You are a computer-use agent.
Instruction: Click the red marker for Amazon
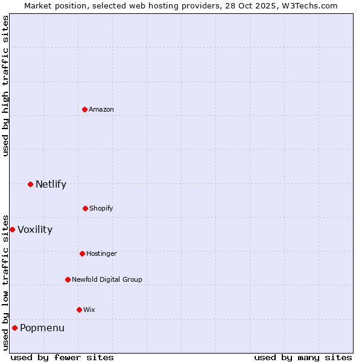[x=84, y=109]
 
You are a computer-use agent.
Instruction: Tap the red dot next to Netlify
[x=30, y=184]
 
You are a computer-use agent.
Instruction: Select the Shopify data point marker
[x=85, y=208]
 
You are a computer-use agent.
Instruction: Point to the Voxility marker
[x=12, y=229]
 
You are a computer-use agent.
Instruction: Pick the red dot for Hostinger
[x=82, y=253]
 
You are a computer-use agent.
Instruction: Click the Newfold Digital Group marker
[x=68, y=279]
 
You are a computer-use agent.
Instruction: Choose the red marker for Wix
[x=79, y=310]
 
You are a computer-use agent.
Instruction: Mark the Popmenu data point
[x=14, y=328]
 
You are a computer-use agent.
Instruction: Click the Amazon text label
[x=101, y=109]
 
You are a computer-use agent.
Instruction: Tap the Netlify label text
[x=51, y=184]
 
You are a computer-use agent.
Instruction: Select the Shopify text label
[x=101, y=208]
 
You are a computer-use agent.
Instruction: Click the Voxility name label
[x=35, y=229]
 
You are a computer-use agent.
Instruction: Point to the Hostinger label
[x=101, y=253]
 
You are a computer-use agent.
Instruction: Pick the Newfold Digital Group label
[x=107, y=279]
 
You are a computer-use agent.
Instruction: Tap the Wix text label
[x=89, y=310]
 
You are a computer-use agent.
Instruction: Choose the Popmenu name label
[x=42, y=328]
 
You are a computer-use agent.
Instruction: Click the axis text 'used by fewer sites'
[x=62, y=357]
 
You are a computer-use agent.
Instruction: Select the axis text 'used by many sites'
[x=303, y=357]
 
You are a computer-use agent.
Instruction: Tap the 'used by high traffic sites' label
[x=5, y=86]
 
